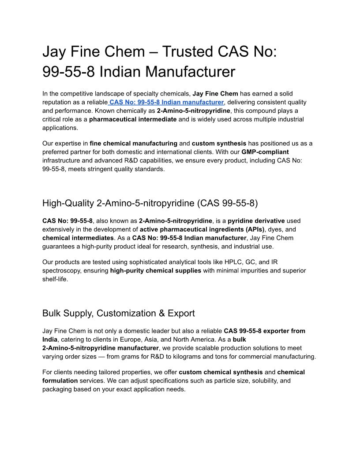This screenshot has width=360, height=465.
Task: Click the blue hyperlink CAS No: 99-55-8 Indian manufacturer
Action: [167, 102]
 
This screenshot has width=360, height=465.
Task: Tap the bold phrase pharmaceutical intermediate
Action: [133, 119]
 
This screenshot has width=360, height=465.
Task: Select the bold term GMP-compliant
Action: [265, 151]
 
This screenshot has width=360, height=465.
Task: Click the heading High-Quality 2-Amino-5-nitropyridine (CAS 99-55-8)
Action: [150, 203]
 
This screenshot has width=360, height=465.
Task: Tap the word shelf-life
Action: [55, 279]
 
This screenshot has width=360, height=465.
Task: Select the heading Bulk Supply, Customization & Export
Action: [118, 313]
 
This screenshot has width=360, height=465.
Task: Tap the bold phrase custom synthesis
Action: [219, 143]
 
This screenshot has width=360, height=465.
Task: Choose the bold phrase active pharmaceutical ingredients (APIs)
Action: [202, 229]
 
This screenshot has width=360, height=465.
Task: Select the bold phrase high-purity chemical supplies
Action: [156, 270]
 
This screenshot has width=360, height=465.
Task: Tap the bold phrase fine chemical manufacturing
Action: [133, 143]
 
